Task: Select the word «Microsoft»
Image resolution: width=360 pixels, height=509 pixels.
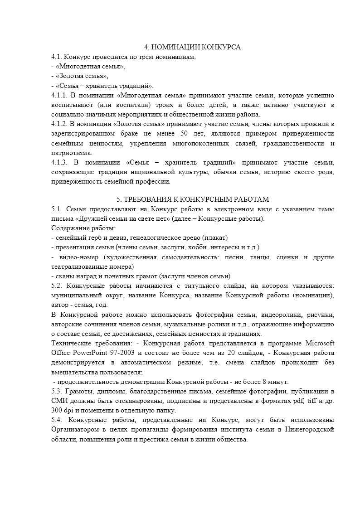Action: (x=320, y=343)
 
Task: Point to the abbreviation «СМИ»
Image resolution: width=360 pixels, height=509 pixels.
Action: (x=59, y=401)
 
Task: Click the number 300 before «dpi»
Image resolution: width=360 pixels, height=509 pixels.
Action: (x=58, y=410)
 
